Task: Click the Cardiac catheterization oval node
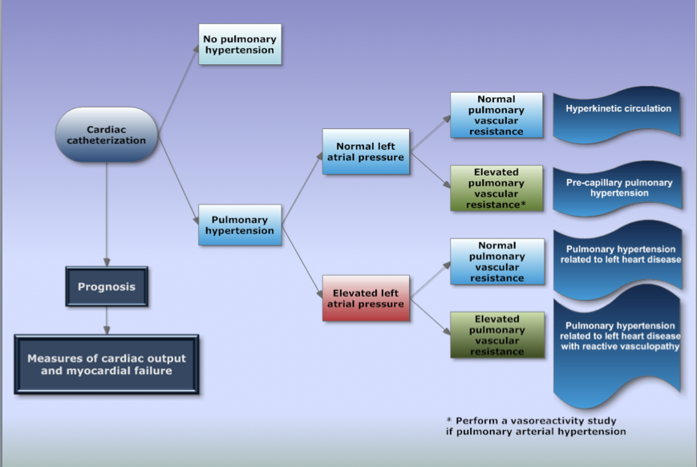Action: click(x=106, y=134)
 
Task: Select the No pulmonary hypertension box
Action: click(x=240, y=44)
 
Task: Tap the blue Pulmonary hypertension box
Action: click(x=240, y=225)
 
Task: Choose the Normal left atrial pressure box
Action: click(x=366, y=151)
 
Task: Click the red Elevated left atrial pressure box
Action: click(x=366, y=298)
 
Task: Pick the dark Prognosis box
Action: click(x=107, y=286)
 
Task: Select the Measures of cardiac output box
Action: click(x=106, y=365)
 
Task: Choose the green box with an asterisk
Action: click(x=496, y=189)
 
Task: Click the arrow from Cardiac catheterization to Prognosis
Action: click(x=106, y=213)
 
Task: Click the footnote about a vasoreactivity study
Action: click(x=535, y=426)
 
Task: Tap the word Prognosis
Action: click(x=107, y=286)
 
